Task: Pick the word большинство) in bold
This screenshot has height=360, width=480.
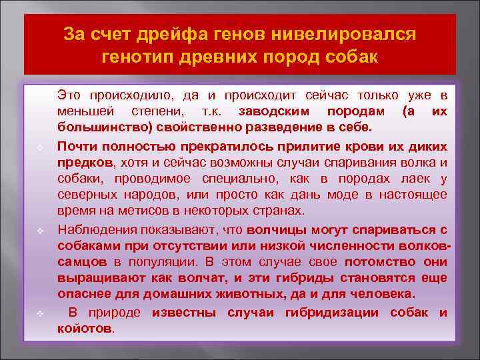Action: pyautogui.click(x=96, y=127)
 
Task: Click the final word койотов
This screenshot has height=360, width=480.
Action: pyautogui.click(x=85, y=329)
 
